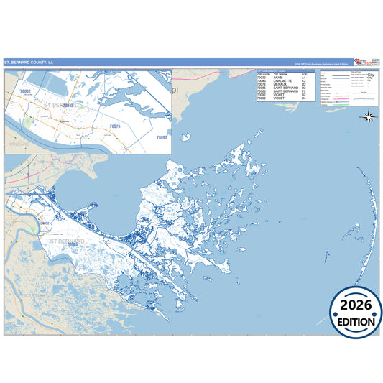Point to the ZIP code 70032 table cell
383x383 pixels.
coord(262,77)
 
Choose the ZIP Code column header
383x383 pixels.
coord(264,73)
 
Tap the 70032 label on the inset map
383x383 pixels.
coord(26,92)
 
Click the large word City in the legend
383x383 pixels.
coord(372,75)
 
